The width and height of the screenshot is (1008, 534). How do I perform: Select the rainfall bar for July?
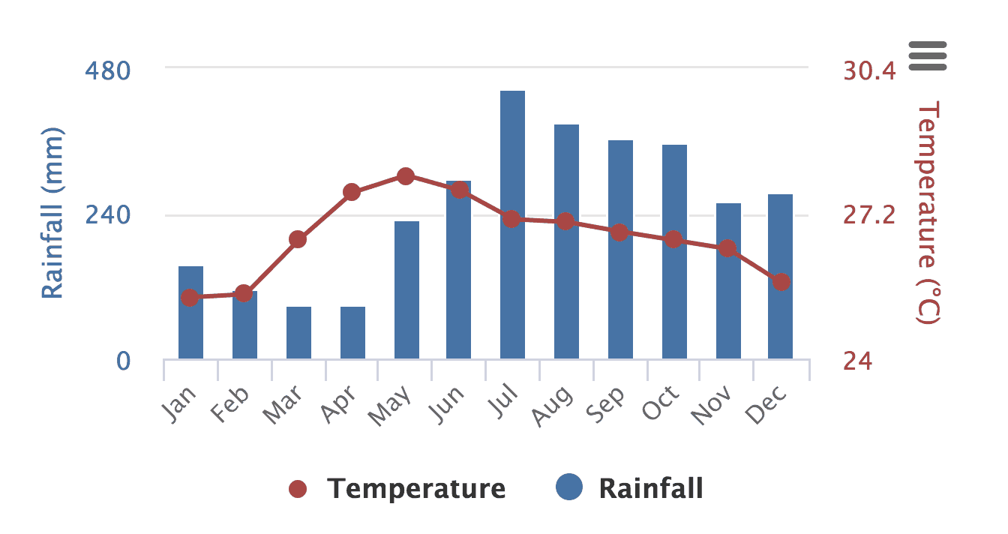click(x=512, y=225)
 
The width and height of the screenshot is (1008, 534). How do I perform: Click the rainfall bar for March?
click(x=298, y=333)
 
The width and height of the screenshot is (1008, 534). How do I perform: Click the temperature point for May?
click(x=406, y=176)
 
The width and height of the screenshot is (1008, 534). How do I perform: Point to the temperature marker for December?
click(x=781, y=282)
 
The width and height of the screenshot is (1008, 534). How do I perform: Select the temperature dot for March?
click(x=298, y=239)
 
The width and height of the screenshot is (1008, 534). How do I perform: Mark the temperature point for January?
click(x=190, y=298)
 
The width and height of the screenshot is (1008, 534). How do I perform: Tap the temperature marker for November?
click(x=727, y=248)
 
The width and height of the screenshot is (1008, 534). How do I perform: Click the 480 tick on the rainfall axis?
click(x=108, y=70)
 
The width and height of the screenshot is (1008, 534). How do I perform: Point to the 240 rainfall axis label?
click(x=108, y=215)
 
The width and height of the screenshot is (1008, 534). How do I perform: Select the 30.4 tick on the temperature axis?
click(x=869, y=70)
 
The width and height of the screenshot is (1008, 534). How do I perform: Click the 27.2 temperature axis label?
click(x=869, y=215)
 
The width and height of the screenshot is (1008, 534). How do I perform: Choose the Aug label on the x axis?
click(x=553, y=406)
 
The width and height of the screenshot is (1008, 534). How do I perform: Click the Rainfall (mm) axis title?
click(x=52, y=214)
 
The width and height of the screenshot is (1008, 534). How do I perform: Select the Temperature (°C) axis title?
click(x=928, y=214)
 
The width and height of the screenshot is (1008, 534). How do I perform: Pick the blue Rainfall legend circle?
click(x=570, y=488)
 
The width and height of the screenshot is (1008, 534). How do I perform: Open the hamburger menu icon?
click(x=928, y=55)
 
